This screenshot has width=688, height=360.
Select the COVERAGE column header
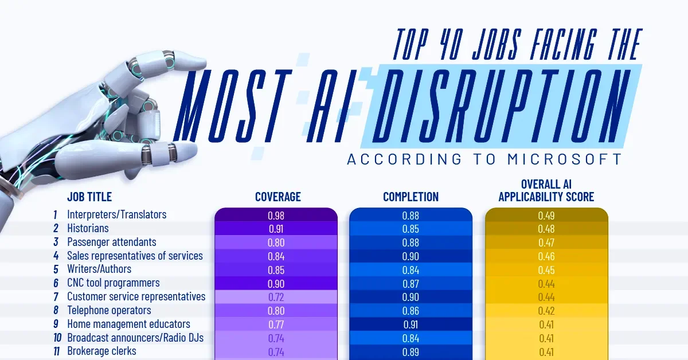[x=277, y=197]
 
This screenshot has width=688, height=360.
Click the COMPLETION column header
[x=411, y=197]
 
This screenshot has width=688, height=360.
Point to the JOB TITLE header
[x=89, y=197]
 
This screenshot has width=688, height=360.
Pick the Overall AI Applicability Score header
[x=546, y=191]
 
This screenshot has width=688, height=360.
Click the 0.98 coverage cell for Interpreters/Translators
[x=276, y=216]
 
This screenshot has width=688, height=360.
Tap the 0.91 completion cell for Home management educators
[x=411, y=324]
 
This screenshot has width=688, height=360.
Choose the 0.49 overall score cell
[x=546, y=216]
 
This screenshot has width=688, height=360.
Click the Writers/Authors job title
[x=99, y=269]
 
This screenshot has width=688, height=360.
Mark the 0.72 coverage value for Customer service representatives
[x=276, y=297]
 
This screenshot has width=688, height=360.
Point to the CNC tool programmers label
[x=114, y=283]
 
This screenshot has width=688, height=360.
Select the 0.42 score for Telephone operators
[x=546, y=311]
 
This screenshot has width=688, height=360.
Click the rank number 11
[x=56, y=351]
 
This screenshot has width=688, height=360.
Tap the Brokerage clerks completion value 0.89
[x=411, y=352]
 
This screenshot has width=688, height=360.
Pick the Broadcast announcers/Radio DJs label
[x=135, y=338]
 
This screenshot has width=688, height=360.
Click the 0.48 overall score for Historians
[x=546, y=229]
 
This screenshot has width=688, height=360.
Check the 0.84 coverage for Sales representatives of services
[x=276, y=256]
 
